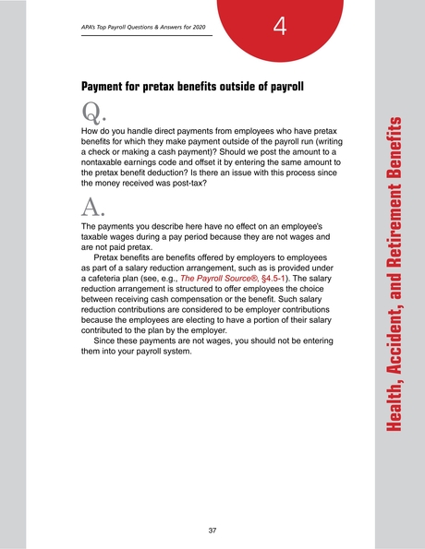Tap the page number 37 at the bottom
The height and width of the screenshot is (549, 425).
pyautogui.click(x=212, y=530)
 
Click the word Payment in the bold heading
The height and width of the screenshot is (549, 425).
pyautogui.click(x=107, y=87)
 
